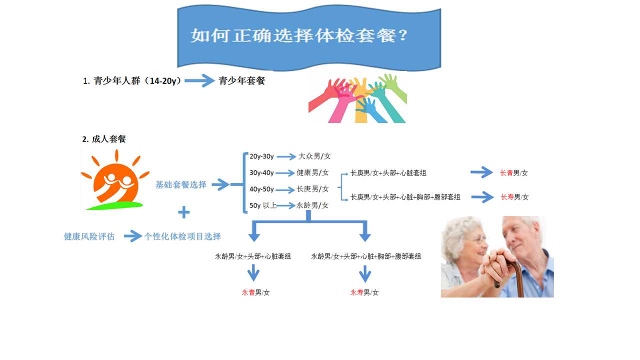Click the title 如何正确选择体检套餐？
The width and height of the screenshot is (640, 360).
[299, 35]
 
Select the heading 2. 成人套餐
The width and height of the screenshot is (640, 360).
[104, 139]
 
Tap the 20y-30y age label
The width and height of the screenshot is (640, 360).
[261, 156]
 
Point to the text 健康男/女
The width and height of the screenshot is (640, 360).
[312, 172]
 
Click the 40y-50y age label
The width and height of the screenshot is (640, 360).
[261, 189]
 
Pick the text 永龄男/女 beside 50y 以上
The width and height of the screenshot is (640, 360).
[312, 205]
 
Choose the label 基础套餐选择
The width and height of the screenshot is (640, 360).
[181, 184]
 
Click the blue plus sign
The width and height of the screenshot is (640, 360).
[183, 212]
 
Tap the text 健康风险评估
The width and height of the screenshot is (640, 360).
[89, 236]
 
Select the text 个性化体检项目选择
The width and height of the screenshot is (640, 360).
[182, 236]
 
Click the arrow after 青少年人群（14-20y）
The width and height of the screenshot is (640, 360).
[199, 80]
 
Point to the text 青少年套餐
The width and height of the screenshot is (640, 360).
[241, 80]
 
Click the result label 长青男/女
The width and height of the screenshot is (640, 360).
[513, 173]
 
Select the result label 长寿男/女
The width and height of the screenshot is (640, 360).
[514, 197]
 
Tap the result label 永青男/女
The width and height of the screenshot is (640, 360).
[255, 292]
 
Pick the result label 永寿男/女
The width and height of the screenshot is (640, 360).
[364, 292]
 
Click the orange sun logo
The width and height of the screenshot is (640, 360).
[115, 180]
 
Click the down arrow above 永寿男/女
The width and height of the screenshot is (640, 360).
[365, 274]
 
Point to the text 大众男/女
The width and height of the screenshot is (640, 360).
[314, 156]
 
